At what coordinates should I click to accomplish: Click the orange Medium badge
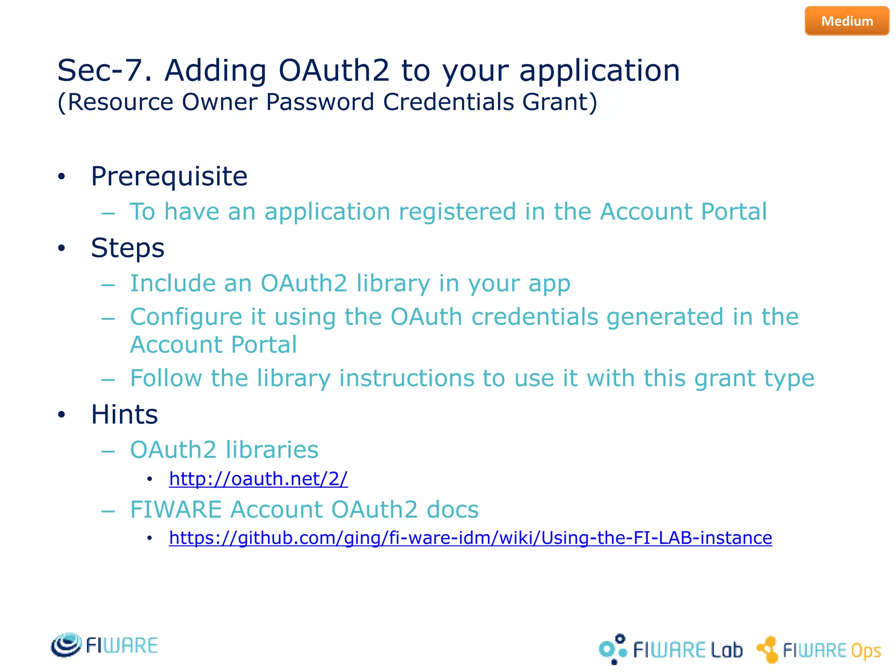tap(847, 21)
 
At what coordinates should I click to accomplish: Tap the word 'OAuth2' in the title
tap(333, 71)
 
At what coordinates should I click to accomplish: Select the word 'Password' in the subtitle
tap(320, 102)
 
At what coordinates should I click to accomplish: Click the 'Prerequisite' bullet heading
tap(169, 177)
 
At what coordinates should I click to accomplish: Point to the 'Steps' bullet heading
tap(127, 248)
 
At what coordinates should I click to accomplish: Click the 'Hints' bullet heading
tap(124, 414)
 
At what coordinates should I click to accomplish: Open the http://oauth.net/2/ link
tap(258, 479)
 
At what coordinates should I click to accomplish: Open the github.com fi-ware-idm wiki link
tap(470, 538)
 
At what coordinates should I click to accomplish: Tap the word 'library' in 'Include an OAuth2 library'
tap(393, 283)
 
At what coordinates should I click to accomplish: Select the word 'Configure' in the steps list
tap(185, 317)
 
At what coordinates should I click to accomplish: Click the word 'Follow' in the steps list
tap(166, 378)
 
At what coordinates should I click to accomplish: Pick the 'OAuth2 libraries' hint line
tap(224, 450)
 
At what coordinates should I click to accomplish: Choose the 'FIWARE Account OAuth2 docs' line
tap(304, 510)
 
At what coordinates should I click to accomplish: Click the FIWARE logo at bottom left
tap(104, 645)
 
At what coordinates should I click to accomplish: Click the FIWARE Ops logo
tap(818, 650)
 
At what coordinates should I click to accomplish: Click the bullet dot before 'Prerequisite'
tap(62, 177)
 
